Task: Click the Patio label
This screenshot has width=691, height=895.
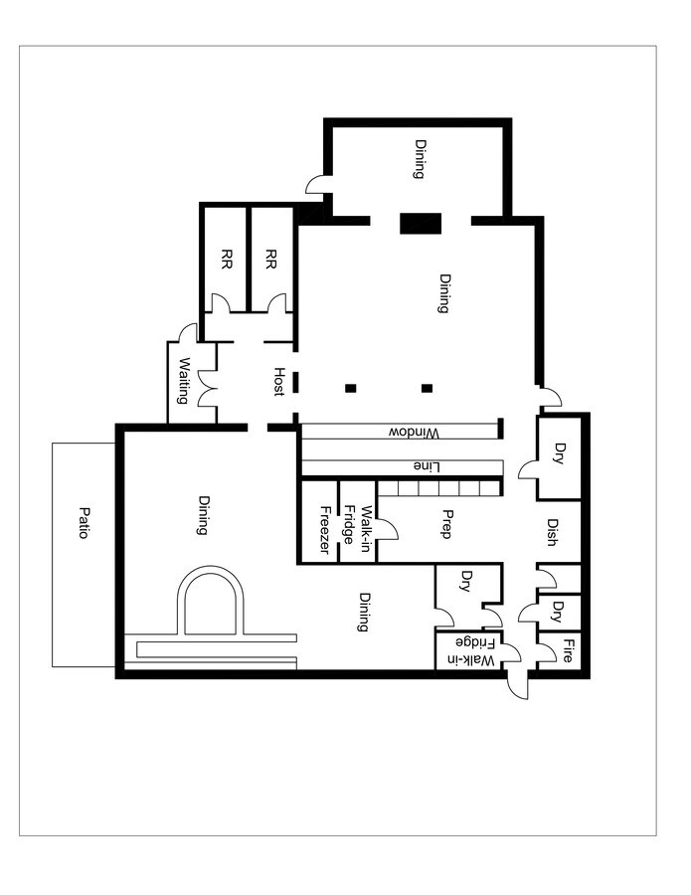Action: [84, 523]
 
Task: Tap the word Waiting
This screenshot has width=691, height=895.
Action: [184, 381]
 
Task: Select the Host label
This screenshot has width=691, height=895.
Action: [279, 381]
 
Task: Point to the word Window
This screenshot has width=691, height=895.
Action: [413, 433]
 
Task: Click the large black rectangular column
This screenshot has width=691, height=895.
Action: [420, 223]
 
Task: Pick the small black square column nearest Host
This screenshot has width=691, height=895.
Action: [350, 388]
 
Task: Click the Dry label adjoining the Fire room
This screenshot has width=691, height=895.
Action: [559, 609]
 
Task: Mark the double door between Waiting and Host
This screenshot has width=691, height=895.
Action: [207, 388]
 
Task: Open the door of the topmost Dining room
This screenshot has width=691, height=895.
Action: [317, 184]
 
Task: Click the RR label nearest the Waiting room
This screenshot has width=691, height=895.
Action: [227, 260]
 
